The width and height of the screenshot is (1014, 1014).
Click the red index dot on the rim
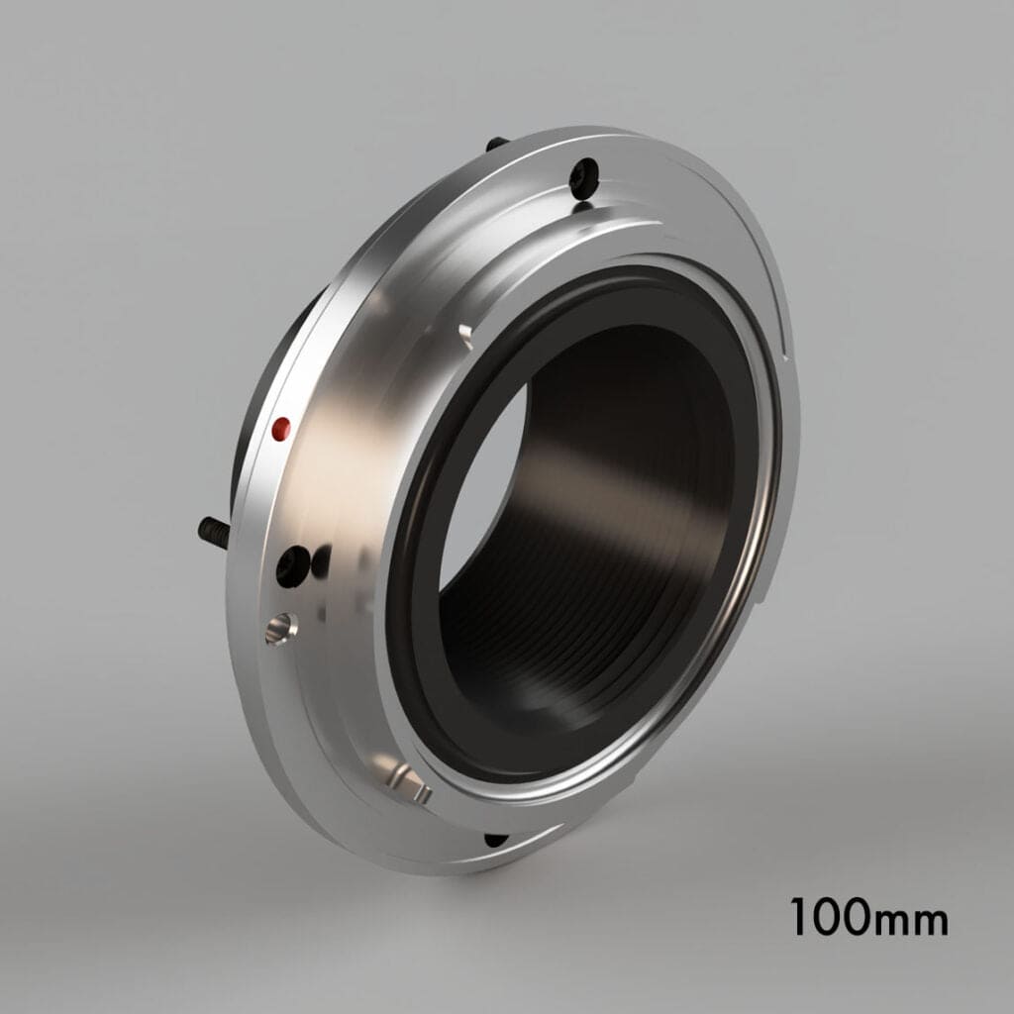pyautogui.click(x=281, y=428)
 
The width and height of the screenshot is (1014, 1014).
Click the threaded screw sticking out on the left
pyautogui.click(x=213, y=531)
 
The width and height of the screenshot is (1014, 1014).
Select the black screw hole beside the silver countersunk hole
pyautogui.click(x=292, y=566)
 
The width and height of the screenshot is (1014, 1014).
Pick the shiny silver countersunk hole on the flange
pyautogui.click(x=280, y=627)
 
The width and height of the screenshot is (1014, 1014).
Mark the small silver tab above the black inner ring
pyautogui.click(x=464, y=332)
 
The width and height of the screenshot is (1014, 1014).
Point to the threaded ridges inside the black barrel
pyautogui.click(x=555, y=634)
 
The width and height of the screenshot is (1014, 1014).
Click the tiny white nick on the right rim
pyautogui.click(x=781, y=348)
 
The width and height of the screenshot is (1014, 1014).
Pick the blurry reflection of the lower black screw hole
pyautogui.click(x=322, y=562)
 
